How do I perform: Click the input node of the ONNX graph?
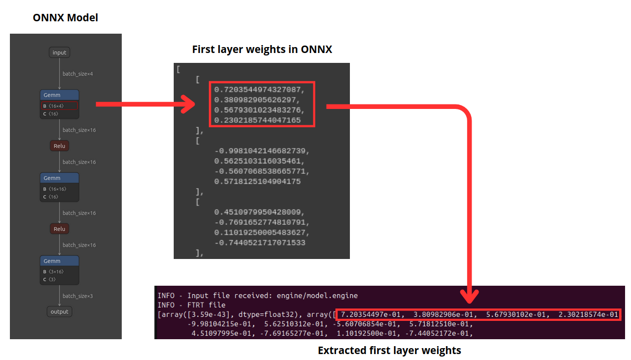59,52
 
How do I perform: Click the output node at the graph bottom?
59,311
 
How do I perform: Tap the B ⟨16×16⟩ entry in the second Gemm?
54,189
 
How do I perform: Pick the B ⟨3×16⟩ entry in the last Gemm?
53,271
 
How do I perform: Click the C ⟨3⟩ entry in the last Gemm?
49,279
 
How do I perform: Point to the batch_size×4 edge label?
78,74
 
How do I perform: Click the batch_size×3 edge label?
78,296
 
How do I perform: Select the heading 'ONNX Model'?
65,18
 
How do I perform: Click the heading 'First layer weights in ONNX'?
262,50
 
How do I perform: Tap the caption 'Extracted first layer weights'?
389,351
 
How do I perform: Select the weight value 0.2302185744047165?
257,120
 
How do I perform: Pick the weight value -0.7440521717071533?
260,243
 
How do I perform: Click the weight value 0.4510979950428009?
257,212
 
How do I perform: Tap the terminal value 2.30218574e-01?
588,314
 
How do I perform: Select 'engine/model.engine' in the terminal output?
317,296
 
